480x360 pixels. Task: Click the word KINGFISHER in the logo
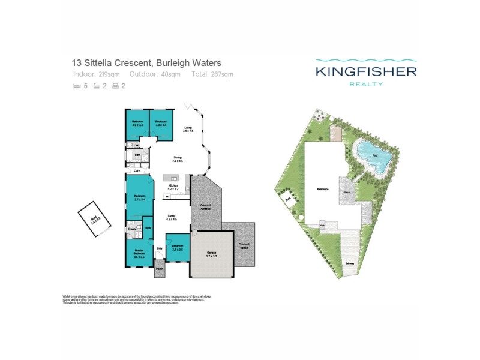tap(366, 72)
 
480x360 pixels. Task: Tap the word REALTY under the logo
tap(366, 85)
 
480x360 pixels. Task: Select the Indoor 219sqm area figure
tap(97, 74)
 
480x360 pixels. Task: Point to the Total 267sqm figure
tap(212, 74)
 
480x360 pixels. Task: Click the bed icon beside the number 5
tap(76, 86)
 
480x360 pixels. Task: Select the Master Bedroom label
tap(138, 253)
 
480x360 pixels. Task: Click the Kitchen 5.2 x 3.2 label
tap(173, 188)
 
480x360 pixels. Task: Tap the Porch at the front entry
tap(160, 269)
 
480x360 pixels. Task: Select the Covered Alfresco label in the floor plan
tap(205, 207)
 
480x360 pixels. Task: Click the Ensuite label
tap(131, 229)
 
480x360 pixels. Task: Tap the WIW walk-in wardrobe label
tap(148, 228)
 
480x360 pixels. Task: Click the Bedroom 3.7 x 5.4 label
tap(140, 197)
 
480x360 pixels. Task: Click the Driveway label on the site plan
tap(349, 263)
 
